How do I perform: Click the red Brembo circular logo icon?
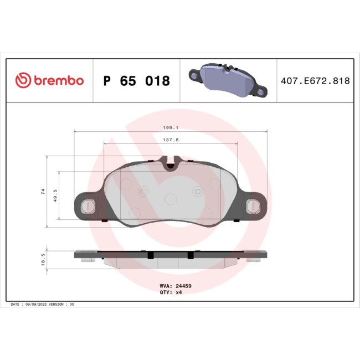coord(23,81)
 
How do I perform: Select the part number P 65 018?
coord(137,81)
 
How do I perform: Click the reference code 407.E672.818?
coord(314,81)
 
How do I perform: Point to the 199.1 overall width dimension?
coord(171,127)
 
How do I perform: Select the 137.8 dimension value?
coord(171,140)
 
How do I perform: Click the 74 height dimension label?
coord(42,192)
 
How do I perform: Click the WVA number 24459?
coord(183,286)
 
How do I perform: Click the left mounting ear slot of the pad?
coord(86,206)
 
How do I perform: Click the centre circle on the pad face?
coord(171,198)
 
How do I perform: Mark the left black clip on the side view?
coord(151,255)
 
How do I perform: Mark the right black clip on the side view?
coord(191,255)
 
